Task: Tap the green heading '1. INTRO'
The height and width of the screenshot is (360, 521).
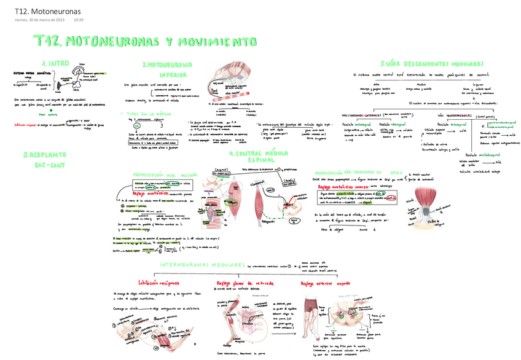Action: coord(56,63)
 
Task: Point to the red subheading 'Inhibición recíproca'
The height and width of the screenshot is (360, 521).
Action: coord(159,283)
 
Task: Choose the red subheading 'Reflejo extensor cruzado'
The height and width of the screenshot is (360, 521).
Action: coord(326,284)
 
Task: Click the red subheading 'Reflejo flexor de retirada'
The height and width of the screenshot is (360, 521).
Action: coord(244,283)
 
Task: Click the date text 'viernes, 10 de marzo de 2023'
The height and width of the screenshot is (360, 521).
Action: coord(40,21)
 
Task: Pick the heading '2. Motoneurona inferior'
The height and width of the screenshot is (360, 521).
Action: coord(168,69)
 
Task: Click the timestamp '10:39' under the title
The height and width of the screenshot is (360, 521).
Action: coord(78,21)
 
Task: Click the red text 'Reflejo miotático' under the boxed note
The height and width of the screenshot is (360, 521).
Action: coord(151,193)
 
